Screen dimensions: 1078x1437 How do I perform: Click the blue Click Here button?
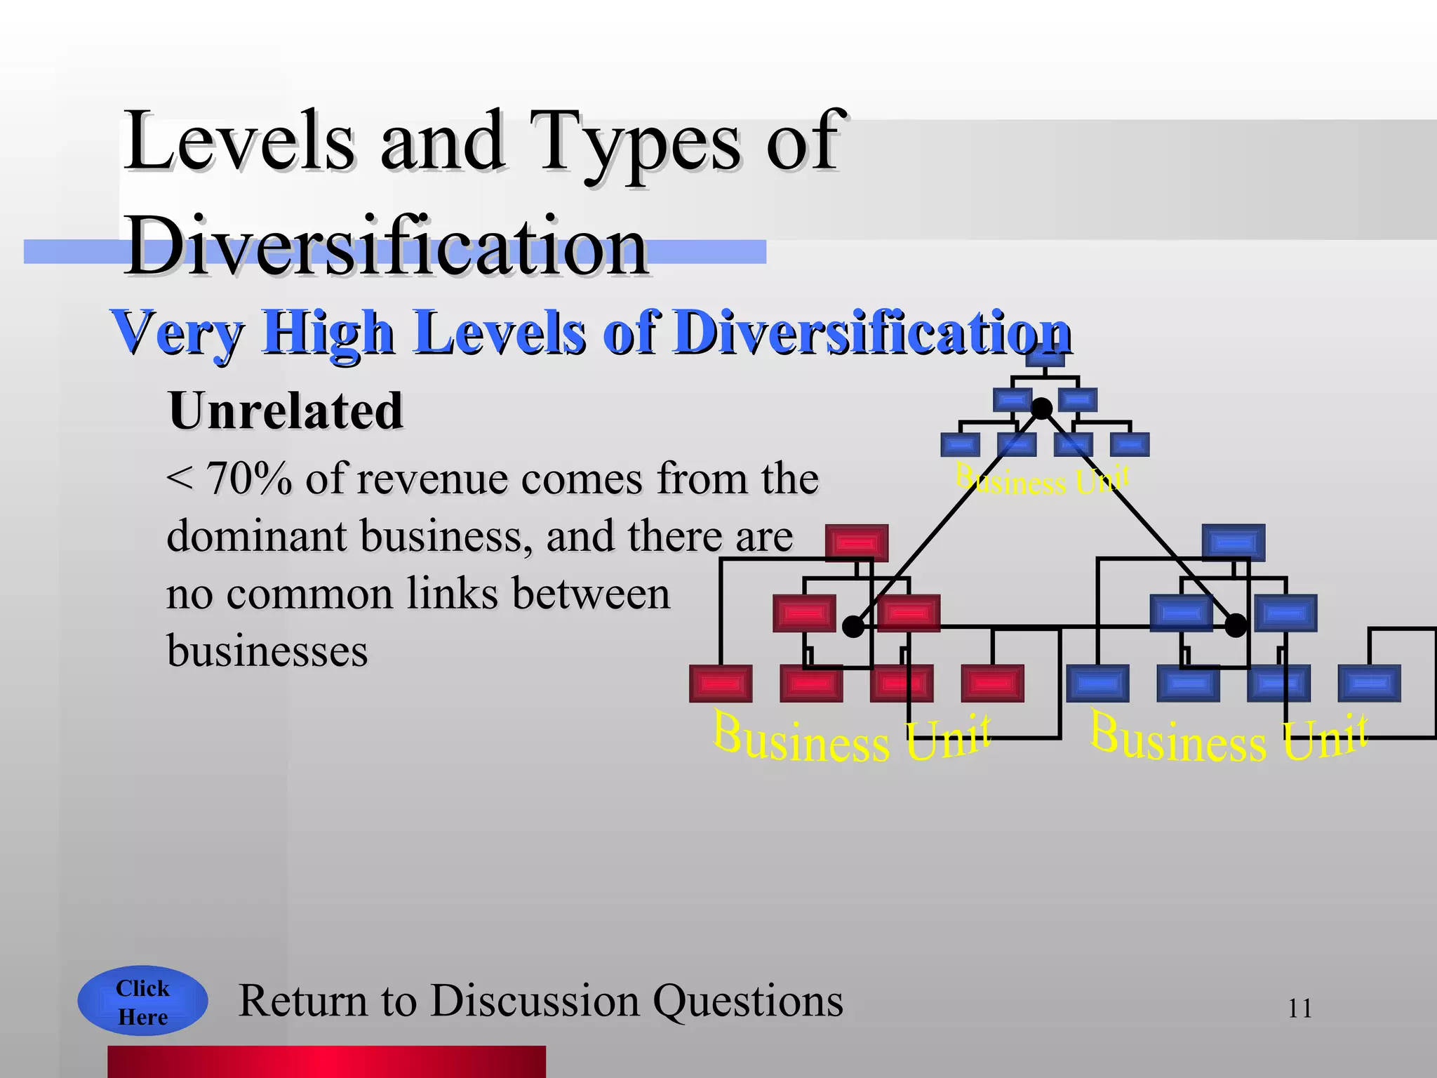click(142, 1002)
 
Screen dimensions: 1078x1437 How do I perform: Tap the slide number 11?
click(1299, 1009)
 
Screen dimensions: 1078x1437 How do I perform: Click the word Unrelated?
click(286, 411)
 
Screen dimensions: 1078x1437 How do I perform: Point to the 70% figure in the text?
click(249, 479)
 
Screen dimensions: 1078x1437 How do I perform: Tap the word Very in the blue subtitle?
click(179, 333)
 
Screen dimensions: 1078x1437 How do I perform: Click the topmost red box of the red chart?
click(857, 543)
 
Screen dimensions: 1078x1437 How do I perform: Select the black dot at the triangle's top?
click(1042, 408)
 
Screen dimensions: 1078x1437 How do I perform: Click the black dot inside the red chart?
click(853, 627)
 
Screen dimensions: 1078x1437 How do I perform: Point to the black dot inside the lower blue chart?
click(1236, 625)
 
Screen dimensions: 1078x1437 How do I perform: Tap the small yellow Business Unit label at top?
click(1042, 481)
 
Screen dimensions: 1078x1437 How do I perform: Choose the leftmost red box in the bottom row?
click(721, 684)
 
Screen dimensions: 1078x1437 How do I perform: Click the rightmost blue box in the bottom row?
click(1369, 684)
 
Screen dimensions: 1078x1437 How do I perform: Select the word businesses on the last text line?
click(267, 651)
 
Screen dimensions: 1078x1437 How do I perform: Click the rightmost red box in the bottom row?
click(992, 684)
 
